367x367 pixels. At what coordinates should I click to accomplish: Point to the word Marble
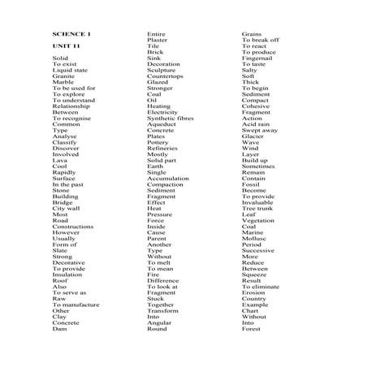(x=63, y=82)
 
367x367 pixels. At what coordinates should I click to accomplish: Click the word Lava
(x=60, y=161)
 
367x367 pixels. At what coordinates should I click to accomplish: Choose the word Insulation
(x=67, y=274)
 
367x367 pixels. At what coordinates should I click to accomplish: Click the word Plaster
(x=158, y=40)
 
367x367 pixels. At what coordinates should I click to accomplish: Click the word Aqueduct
(x=162, y=124)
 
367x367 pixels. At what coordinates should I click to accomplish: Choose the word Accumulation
(x=169, y=179)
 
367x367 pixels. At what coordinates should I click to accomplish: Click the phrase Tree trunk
(x=257, y=209)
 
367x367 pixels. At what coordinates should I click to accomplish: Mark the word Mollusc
(x=253, y=238)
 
